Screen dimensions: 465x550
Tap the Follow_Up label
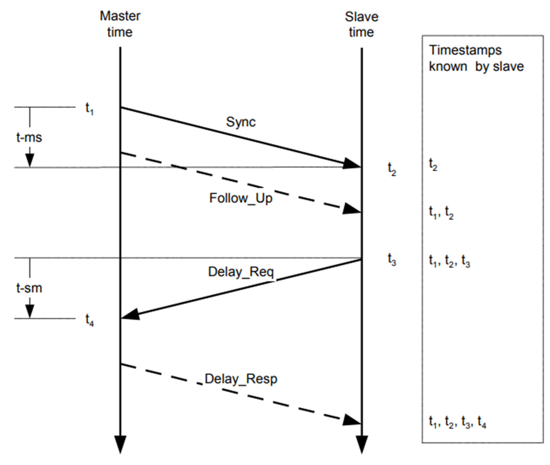[x=241, y=198]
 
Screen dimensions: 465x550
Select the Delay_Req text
[x=241, y=272]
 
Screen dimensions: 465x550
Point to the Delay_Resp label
[x=241, y=379]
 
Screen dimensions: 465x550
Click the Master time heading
[x=120, y=24]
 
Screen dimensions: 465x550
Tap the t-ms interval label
[x=29, y=137]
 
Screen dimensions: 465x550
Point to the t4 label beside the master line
[x=89, y=320]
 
